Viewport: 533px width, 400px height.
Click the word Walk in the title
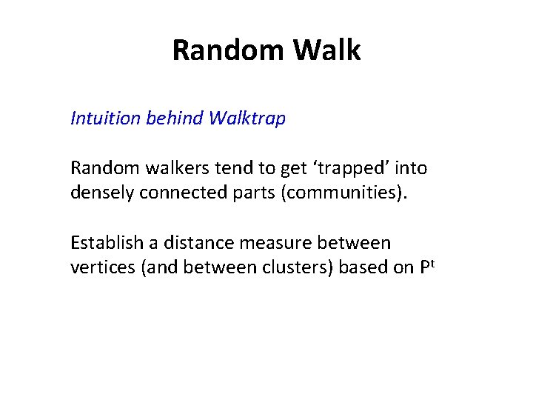click(327, 50)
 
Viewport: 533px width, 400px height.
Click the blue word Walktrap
click(247, 119)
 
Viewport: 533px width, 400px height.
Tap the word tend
click(210, 168)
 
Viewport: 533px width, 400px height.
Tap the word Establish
click(102, 242)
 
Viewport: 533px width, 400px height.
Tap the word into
click(412, 168)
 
